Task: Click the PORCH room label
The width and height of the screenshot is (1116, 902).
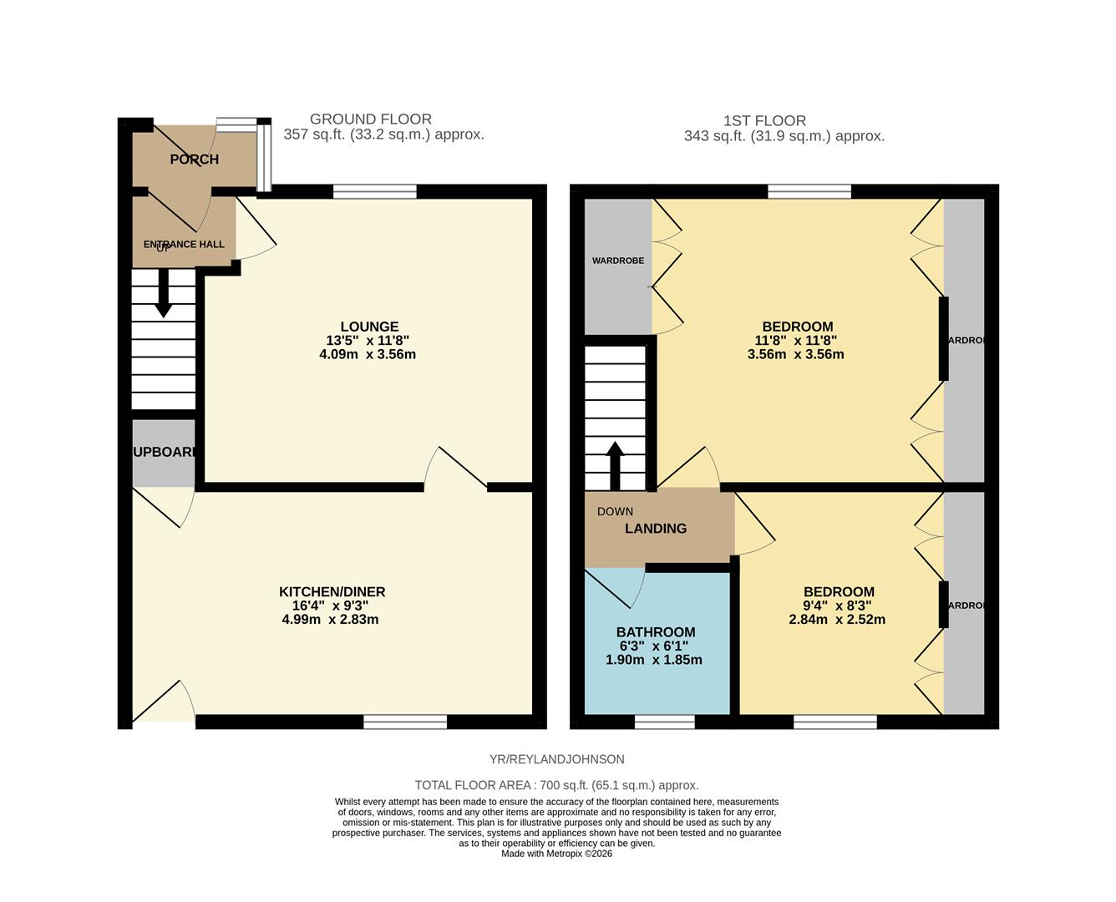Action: pos(194,160)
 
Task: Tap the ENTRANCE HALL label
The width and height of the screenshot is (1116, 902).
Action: pos(184,245)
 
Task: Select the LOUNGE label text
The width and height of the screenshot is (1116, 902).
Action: pos(369,327)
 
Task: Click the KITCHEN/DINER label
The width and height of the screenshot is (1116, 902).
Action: pos(332,592)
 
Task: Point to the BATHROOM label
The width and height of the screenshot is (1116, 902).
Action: pos(655,632)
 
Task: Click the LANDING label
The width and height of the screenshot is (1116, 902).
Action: pos(656,529)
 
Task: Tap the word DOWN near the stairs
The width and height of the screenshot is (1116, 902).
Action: pos(615,511)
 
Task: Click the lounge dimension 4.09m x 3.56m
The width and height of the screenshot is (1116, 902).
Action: pos(368,354)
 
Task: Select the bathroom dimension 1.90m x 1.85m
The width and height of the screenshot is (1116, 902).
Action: pos(653,660)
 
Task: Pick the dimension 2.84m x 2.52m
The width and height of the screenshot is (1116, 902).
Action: pos(837,620)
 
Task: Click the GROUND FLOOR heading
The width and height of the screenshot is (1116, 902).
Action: pos(370,119)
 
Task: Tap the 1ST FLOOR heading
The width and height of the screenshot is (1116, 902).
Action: pos(764,121)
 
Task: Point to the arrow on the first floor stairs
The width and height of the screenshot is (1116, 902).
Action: pos(615,464)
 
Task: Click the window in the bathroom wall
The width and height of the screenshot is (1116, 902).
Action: pos(664,722)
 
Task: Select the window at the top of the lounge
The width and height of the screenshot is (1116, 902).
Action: pos(374,191)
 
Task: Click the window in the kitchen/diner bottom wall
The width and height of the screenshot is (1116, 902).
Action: pos(405,722)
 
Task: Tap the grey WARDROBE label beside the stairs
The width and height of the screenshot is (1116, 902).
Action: pos(618,261)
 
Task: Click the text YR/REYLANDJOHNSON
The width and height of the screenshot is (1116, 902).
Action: pos(556,759)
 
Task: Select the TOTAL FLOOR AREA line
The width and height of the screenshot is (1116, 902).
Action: pos(556,785)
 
